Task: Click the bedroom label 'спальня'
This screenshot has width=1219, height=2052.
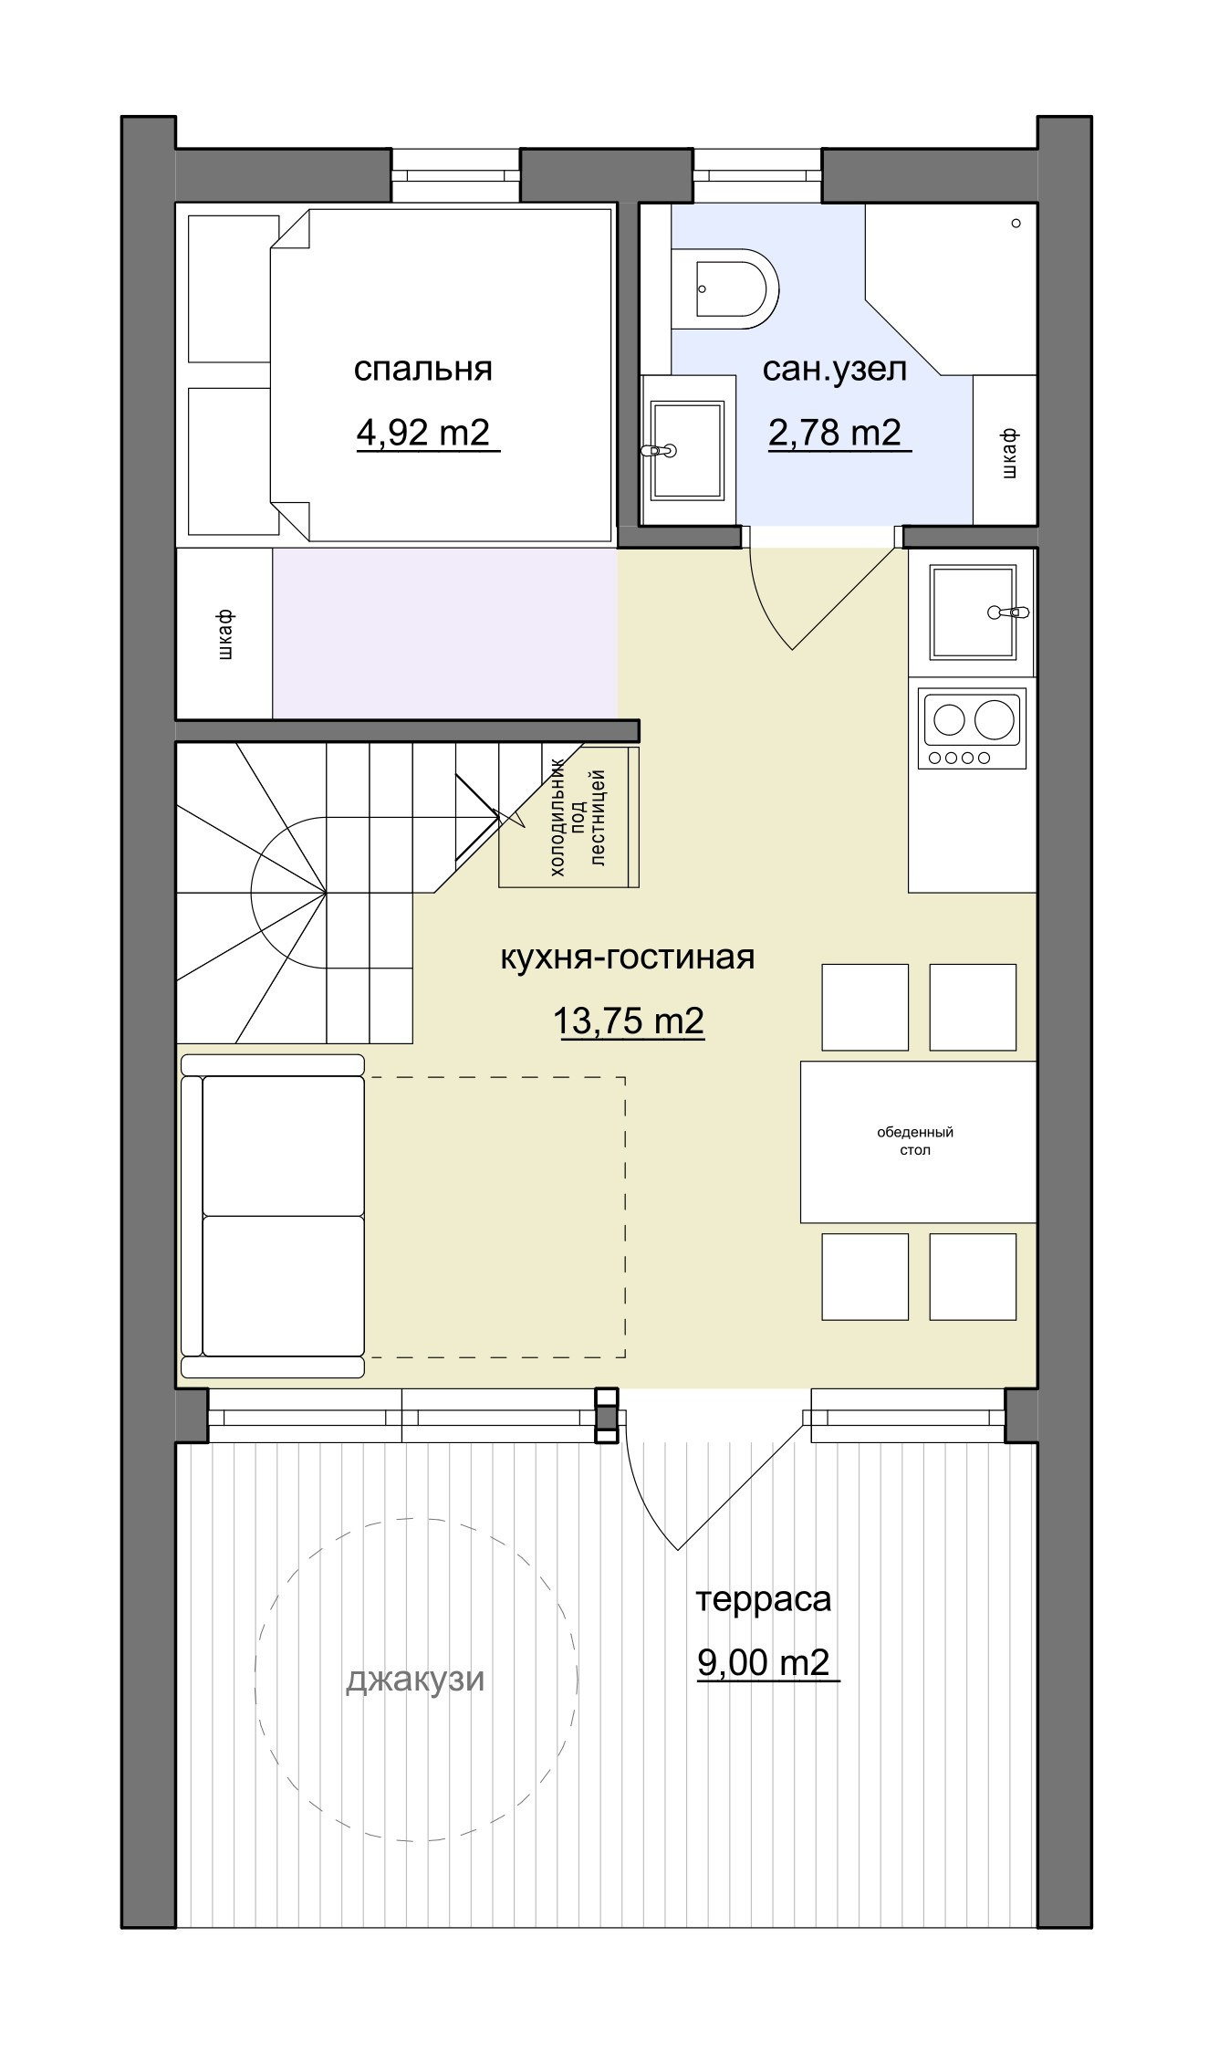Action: click(x=422, y=370)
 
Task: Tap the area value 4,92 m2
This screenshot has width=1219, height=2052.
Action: click(x=423, y=432)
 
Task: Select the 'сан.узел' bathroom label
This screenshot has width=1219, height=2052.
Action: click(x=835, y=369)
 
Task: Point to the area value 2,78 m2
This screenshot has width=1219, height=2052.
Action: click(x=835, y=432)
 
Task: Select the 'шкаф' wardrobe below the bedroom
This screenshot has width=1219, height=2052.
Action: click(x=224, y=633)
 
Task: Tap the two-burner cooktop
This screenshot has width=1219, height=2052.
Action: click(x=973, y=729)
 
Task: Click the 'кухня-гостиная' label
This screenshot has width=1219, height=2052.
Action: click(x=628, y=958)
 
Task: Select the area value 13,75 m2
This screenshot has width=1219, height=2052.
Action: click(x=629, y=1021)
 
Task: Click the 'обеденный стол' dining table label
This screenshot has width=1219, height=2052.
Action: click(x=915, y=1141)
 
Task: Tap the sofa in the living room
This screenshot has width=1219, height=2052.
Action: click(x=273, y=1216)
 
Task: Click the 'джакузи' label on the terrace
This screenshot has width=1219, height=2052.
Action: click(x=415, y=1680)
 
